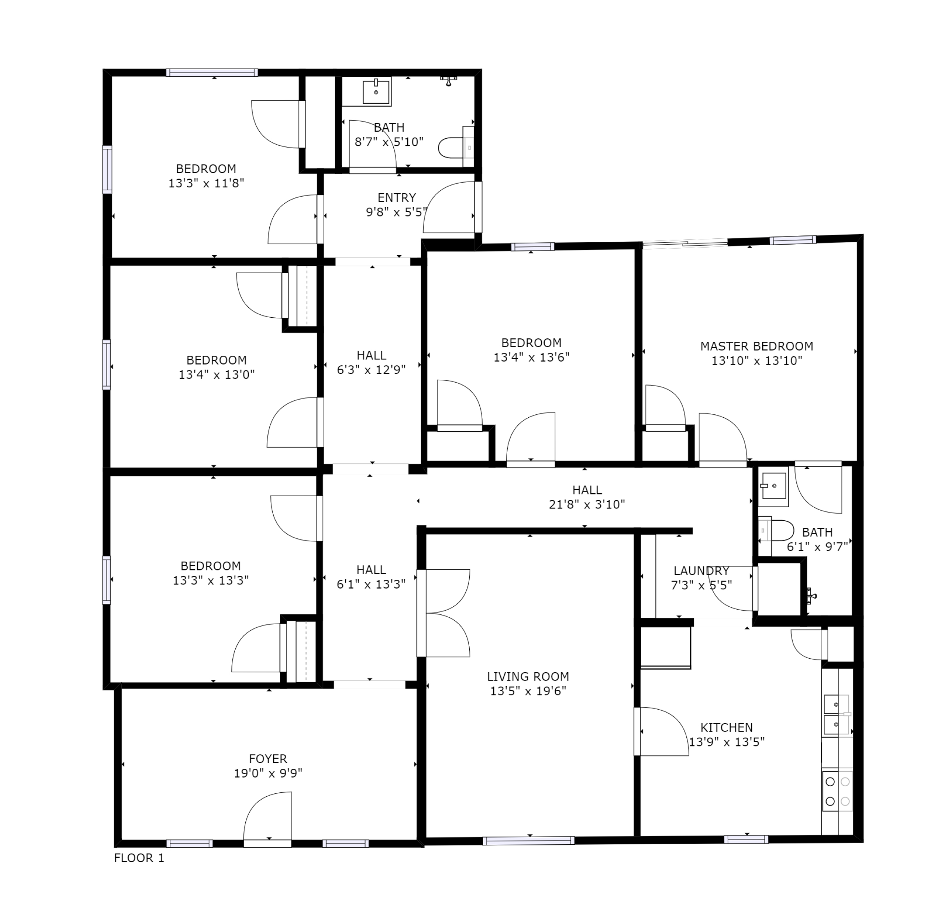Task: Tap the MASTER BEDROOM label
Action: tap(756, 346)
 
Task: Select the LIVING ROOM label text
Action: tap(528, 676)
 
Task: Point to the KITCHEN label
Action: tap(726, 727)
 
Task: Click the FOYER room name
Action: tap(268, 759)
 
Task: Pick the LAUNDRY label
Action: tap(701, 570)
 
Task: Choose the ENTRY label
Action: tap(396, 197)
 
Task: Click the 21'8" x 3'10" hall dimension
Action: tap(586, 504)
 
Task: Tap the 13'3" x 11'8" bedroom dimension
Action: tap(206, 184)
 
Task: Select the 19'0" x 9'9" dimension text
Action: tap(268, 773)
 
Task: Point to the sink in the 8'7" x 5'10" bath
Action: tap(376, 91)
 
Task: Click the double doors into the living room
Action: tap(443, 613)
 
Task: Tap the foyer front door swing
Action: tap(268, 819)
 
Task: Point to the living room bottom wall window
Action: tap(529, 841)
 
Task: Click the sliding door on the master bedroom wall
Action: tap(685, 243)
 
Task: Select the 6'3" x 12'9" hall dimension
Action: tap(371, 370)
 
